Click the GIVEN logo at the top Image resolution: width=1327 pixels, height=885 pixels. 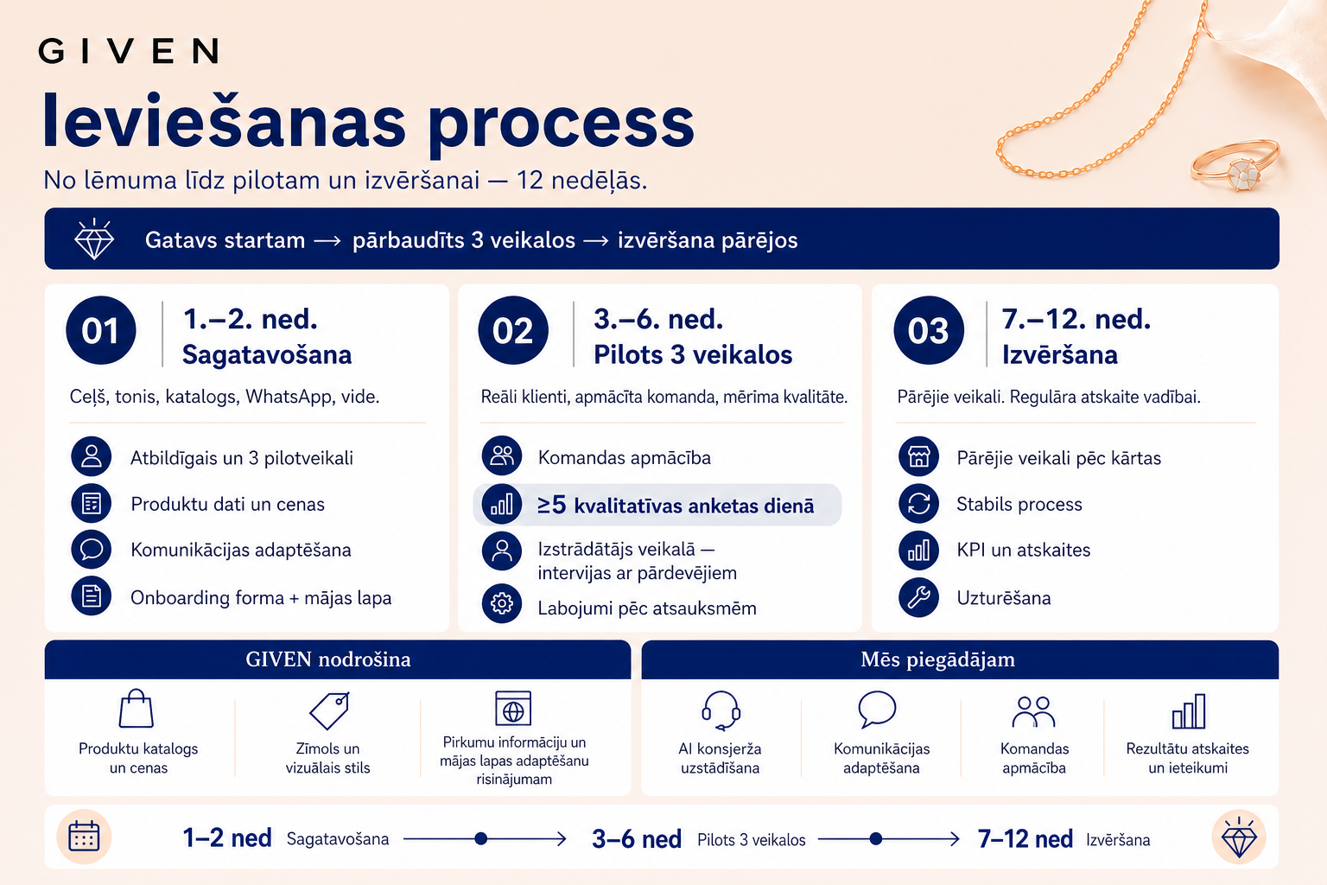(129, 51)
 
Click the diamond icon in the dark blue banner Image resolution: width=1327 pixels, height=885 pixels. (93, 239)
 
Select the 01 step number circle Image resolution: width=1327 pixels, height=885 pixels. (101, 330)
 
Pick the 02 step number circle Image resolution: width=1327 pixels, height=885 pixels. (513, 330)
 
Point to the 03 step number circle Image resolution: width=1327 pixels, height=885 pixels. (929, 330)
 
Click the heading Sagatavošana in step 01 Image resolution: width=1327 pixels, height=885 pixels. (267, 354)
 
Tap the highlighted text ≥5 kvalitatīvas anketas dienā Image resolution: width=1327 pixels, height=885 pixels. (676, 505)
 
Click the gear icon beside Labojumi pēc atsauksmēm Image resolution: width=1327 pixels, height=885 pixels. (502, 603)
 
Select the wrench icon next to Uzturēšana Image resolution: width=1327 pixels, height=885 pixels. (919, 597)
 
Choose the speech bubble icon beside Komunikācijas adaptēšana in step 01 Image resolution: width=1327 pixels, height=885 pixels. (92, 550)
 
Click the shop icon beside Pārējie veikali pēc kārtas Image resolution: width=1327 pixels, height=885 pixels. (919, 456)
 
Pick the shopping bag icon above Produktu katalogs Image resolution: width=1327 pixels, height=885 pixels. (137, 708)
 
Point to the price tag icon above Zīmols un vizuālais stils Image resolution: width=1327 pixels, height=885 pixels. (329, 710)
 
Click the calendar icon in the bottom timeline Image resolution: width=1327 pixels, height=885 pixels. (84, 837)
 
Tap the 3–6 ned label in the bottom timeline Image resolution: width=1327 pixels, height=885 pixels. (636, 839)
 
